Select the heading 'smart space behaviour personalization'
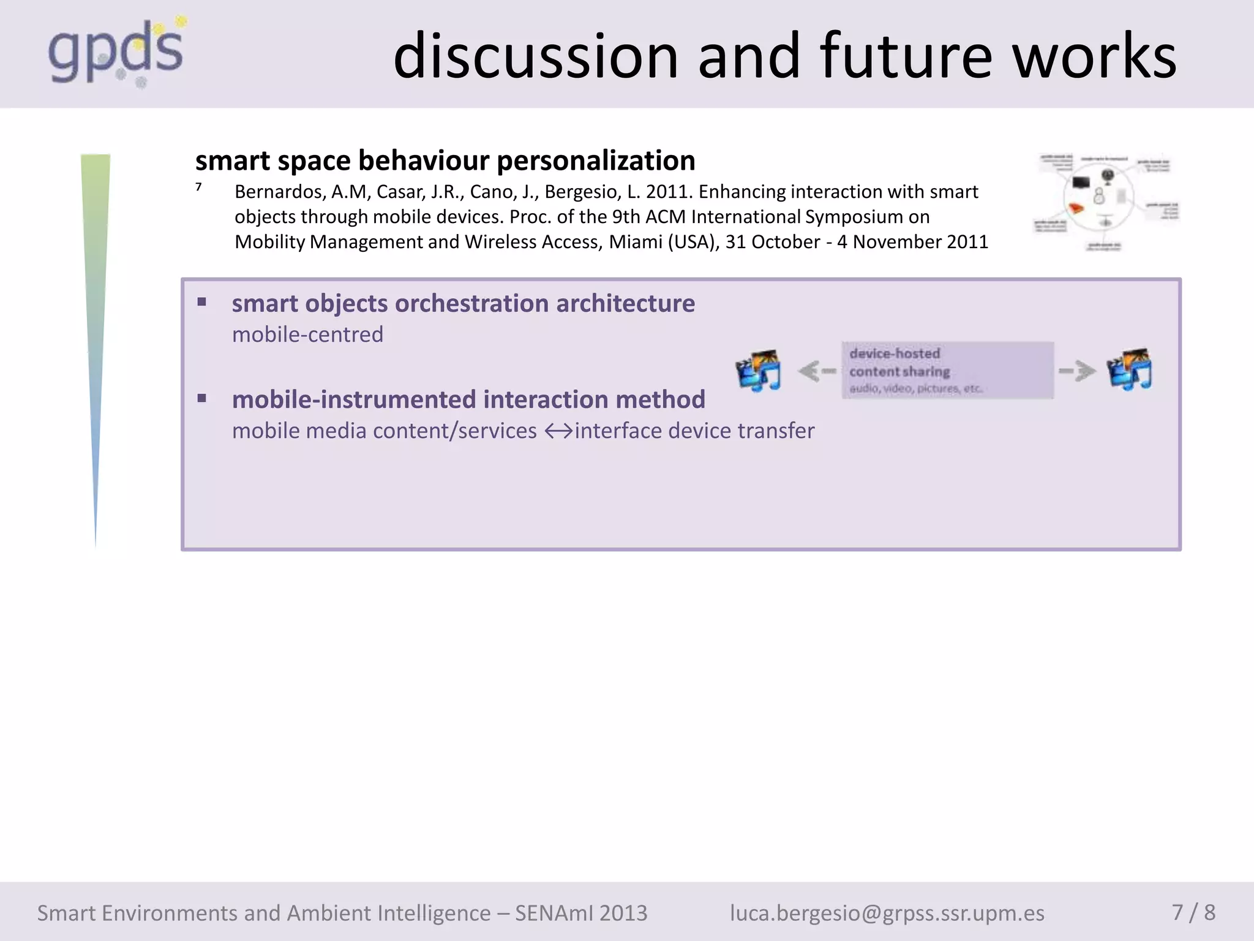pos(445,161)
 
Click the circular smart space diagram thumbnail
pos(1105,202)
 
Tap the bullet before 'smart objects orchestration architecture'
pos(202,301)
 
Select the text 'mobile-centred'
pos(307,334)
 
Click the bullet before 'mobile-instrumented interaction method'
pos(202,398)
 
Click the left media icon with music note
pos(759,370)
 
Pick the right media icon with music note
pos(1130,369)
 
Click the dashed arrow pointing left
pos(817,371)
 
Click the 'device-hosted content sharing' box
pos(947,370)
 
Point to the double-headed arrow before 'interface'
pos(558,431)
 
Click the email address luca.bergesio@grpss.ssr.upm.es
pos(887,913)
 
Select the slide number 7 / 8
pos(1193,912)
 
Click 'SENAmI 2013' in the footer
pos(581,913)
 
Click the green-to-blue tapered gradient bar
pos(96,306)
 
